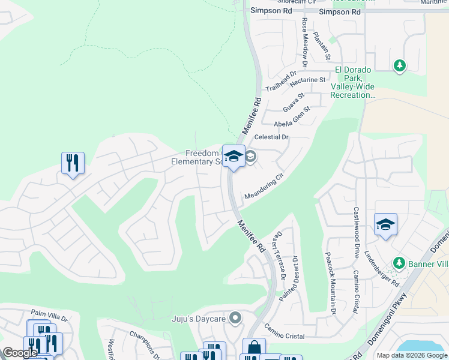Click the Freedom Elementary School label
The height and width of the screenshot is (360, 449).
pyautogui.click(x=196, y=157)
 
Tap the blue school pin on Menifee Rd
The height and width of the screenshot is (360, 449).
pyautogui.click(x=234, y=157)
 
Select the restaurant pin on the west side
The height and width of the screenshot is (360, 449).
pyautogui.click(x=73, y=163)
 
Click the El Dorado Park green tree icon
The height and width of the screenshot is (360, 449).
pyautogui.click(x=399, y=65)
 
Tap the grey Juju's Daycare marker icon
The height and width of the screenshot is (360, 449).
pyautogui.click(x=235, y=318)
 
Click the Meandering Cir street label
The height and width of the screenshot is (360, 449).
pyautogui.click(x=263, y=187)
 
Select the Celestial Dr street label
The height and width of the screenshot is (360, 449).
pyautogui.click(x=271, y=137)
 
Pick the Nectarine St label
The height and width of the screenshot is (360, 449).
pyautogui.click(x=307, y=79)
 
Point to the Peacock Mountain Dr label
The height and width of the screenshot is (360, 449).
pyautogui.click(x=330, y=284)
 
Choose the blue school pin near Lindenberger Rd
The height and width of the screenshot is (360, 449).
pyautogui.click(x=385, y=224)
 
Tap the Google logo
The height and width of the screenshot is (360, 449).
pyautogui.click(x=20, y=353)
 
